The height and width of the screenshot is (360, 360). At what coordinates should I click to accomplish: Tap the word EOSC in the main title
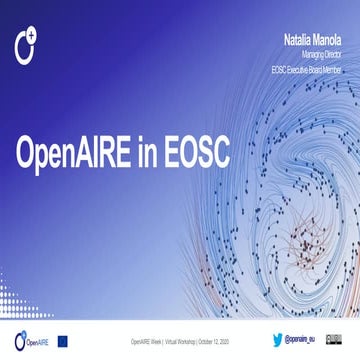tap(191, 152)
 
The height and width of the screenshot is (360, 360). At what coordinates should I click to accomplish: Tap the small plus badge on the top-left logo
tap(33, 37)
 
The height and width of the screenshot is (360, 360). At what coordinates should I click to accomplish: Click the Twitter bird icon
tap(279, 340)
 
